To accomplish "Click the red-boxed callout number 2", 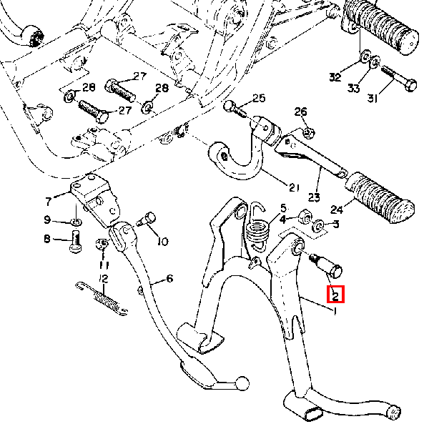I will pyautogui.click(x=335, y=294).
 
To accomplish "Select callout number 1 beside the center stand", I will pyautogui.click(x=335, y=311).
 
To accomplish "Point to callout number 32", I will pyautogui.click(x=335, y=77).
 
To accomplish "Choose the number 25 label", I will pyautogui.click(x=258, y=98).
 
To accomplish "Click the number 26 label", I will pyautogui.click(x=300, y=112).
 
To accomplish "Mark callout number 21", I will pyautogui.click(x=293, y=188).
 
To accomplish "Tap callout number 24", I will pyautogui.click(x=336, y=210).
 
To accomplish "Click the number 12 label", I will pyautogui.click(x=104, y=277).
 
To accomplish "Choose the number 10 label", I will pyautogui.click(x=162, y=242).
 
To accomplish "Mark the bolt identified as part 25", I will pyautogui.click(x=235, y=109).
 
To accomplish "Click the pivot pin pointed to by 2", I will pyautogui.click(x=327, y=264).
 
